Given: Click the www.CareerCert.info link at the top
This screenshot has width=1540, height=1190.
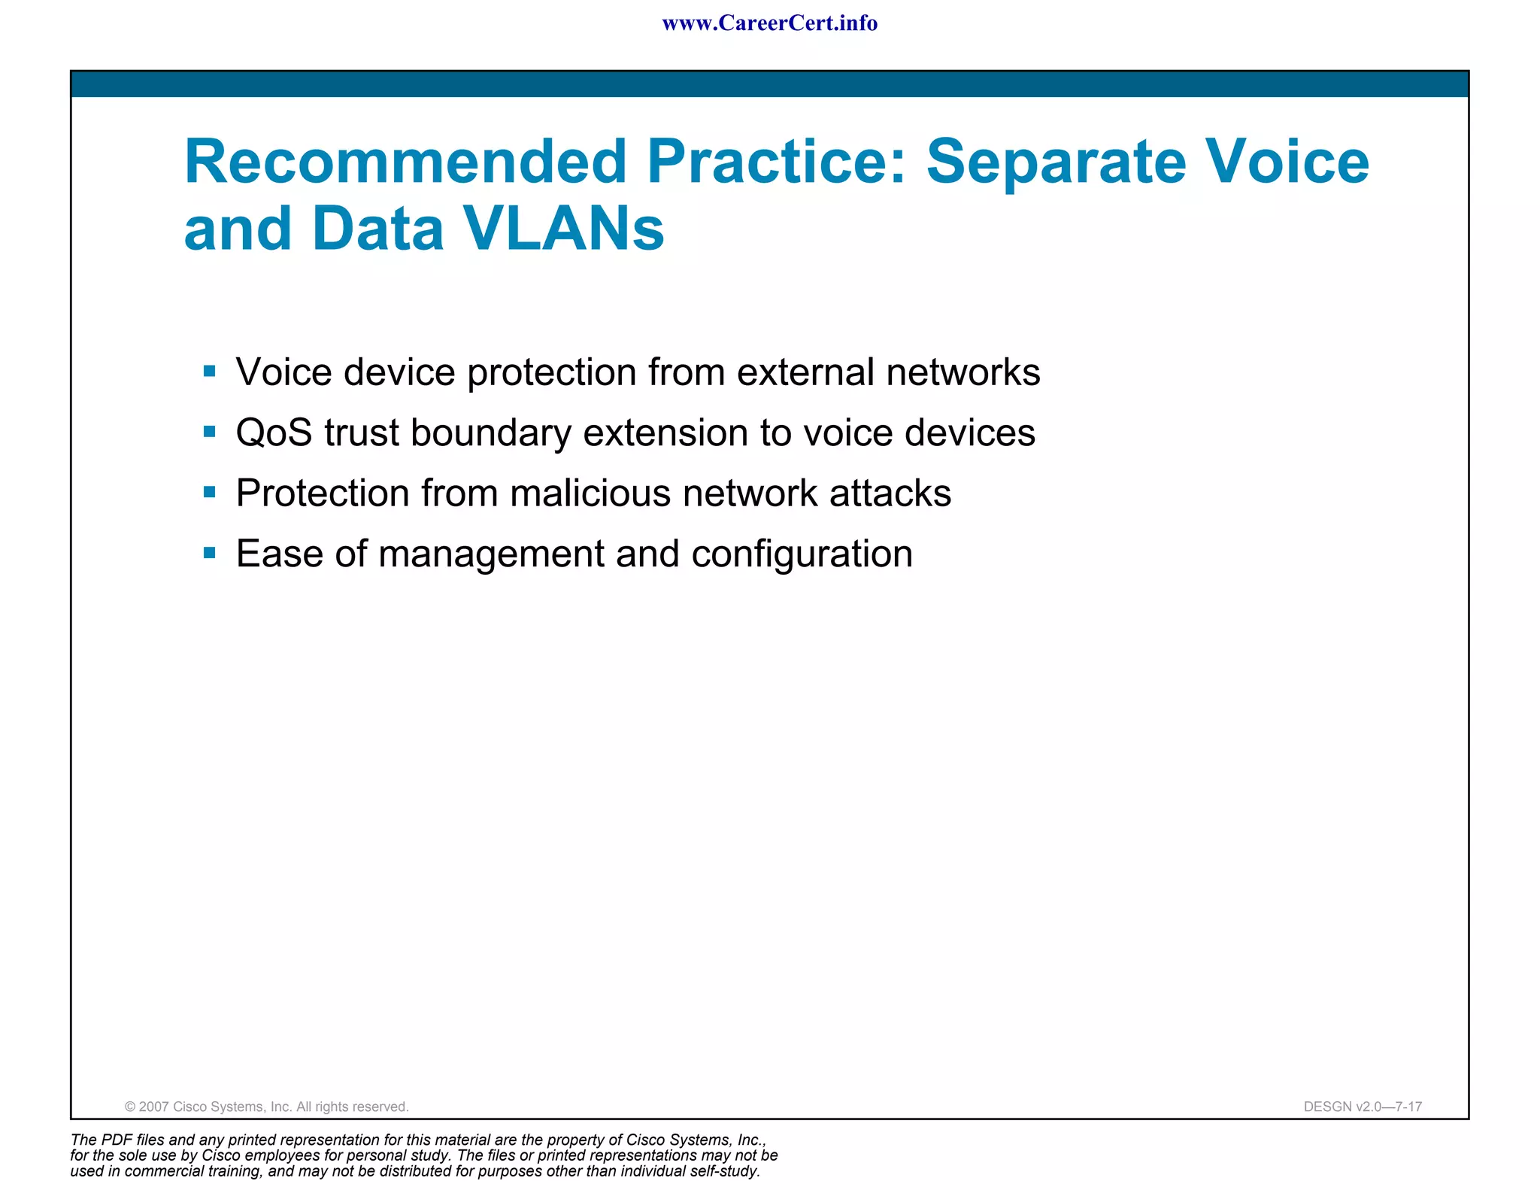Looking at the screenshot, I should tap(769, 23).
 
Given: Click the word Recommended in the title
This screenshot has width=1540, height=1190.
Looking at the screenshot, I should tap(405, 162).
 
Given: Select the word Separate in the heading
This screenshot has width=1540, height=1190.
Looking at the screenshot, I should tap(1056, 162).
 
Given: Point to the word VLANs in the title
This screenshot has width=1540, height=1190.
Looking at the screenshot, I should tap(562, 229).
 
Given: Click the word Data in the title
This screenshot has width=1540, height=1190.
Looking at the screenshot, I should tap(378, 229).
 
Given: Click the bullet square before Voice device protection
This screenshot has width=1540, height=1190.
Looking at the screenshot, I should tap(210, 371).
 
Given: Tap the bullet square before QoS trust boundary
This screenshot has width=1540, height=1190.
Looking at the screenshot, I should tap(210, 432).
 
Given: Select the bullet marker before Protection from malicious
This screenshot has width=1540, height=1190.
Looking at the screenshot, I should tap(210, 492).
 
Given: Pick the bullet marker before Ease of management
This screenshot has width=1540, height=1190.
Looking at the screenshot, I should tap(210, 553).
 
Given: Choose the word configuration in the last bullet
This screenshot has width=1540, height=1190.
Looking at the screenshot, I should tap(802, 554).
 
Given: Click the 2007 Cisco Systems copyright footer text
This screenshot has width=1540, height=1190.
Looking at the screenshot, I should tap(266, 1107).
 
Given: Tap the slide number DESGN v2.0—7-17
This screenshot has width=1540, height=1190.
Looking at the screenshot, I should tap(1363, 1107).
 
